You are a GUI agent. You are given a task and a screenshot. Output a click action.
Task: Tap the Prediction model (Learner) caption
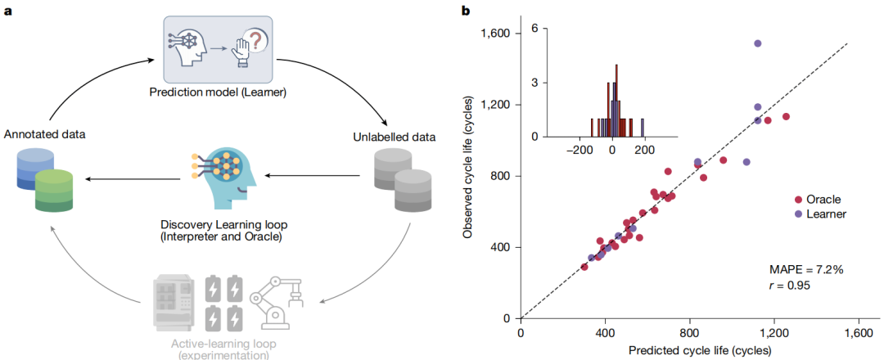tap(217, 92)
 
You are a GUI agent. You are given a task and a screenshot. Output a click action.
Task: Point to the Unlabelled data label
tap(390, 137)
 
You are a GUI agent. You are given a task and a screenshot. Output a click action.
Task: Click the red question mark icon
tap(258, 41)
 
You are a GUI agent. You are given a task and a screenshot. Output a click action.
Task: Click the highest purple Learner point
tap(758, 43)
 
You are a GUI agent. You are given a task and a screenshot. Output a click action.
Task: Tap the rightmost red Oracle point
tap(786, 117)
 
